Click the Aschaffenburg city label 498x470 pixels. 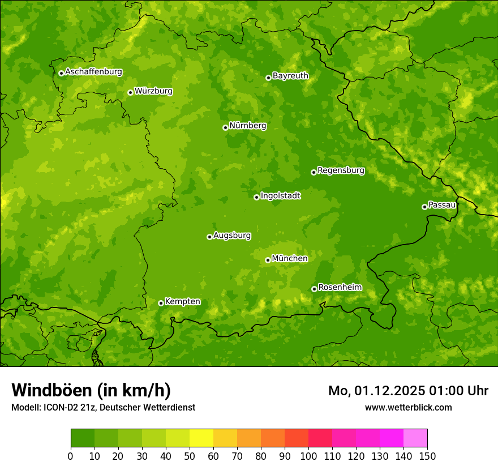coord(93,72)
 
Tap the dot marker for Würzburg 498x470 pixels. coord(130,92)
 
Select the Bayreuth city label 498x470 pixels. coord(290,75)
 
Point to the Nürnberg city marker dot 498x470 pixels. coord(225,127)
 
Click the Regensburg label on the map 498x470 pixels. coord(341,170)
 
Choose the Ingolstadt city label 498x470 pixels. coord(280,195)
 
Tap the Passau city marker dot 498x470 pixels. coord(424,207)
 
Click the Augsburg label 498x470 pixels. coord(231,235)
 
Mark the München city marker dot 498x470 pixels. coord(268,260)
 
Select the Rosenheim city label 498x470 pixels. coord(340,287)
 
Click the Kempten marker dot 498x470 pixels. coord(161,303)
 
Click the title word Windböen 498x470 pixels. coord(51,390)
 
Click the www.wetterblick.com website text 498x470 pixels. coord(408,407)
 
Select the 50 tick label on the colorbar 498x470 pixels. coord(190,456)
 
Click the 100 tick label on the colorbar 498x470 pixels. coord(308,456)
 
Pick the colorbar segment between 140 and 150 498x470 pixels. coord(415,438)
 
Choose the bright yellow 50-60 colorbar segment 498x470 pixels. coord(201,438)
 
